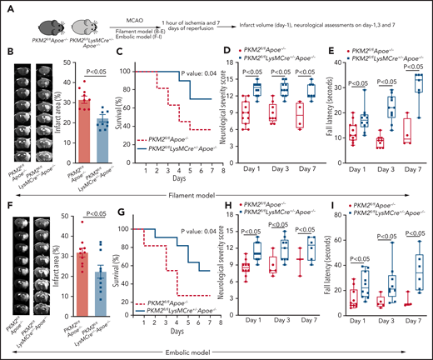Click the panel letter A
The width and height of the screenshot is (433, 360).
(7, 7)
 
